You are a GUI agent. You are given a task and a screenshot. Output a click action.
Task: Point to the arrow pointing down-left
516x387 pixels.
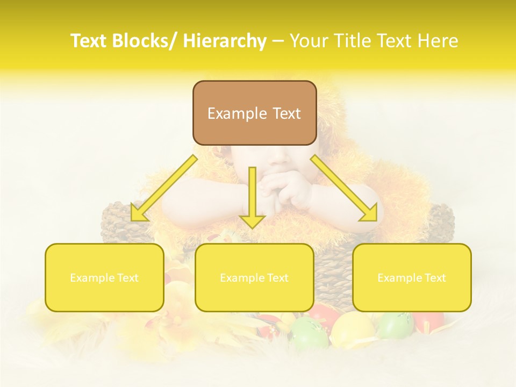pyautogui.click(x=164, y=189)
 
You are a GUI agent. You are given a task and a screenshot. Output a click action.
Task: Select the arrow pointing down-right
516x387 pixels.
pyautogui.click(x=344, y=189)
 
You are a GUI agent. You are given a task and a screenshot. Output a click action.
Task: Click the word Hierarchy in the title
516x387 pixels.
pyautogui.click(x=225, y=41)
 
